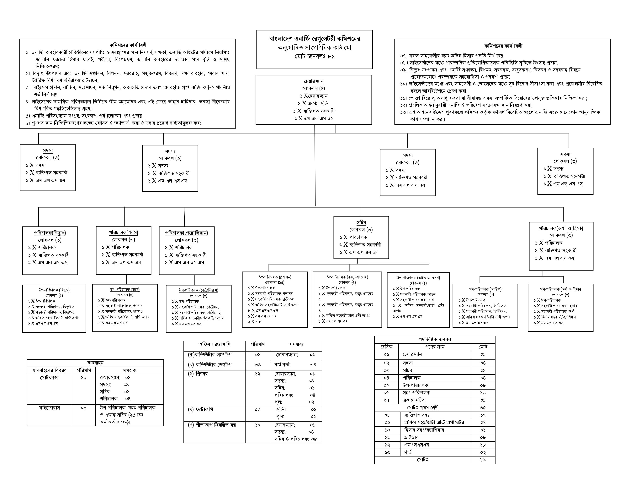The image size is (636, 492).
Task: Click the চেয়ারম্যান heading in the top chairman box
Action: [x=314, y=81]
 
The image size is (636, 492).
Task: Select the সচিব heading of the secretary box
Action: [x=361, y=222]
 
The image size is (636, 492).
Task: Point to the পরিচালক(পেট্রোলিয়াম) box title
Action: [x=187, y=233]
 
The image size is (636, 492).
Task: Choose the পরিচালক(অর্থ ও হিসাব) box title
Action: [x=561, y=228]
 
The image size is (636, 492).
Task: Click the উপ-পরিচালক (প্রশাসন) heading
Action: [x=275, y=277]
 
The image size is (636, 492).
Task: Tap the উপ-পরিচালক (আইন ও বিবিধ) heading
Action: [x=418, y=277]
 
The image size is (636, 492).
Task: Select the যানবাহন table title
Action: [x=95, y=363]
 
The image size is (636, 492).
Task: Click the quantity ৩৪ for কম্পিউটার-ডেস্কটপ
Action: [x=257, y=365]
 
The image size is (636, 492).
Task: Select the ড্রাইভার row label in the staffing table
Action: [x=411, y=438]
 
